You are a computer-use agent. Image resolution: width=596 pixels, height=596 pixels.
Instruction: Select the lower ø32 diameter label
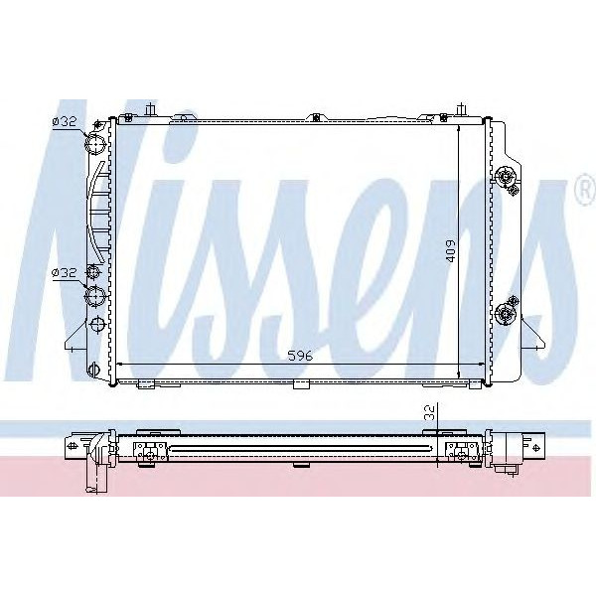pyautogui.click(x=64, y=272)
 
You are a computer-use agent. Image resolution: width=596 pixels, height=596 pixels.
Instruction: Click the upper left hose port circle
pyautogui.click(x=96, y=147)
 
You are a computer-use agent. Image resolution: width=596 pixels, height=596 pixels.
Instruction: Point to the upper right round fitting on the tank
pyautogui.click(x=508, y=179)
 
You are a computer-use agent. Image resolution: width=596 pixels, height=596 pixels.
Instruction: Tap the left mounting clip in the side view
pyautogui.click(x=150, y=453)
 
